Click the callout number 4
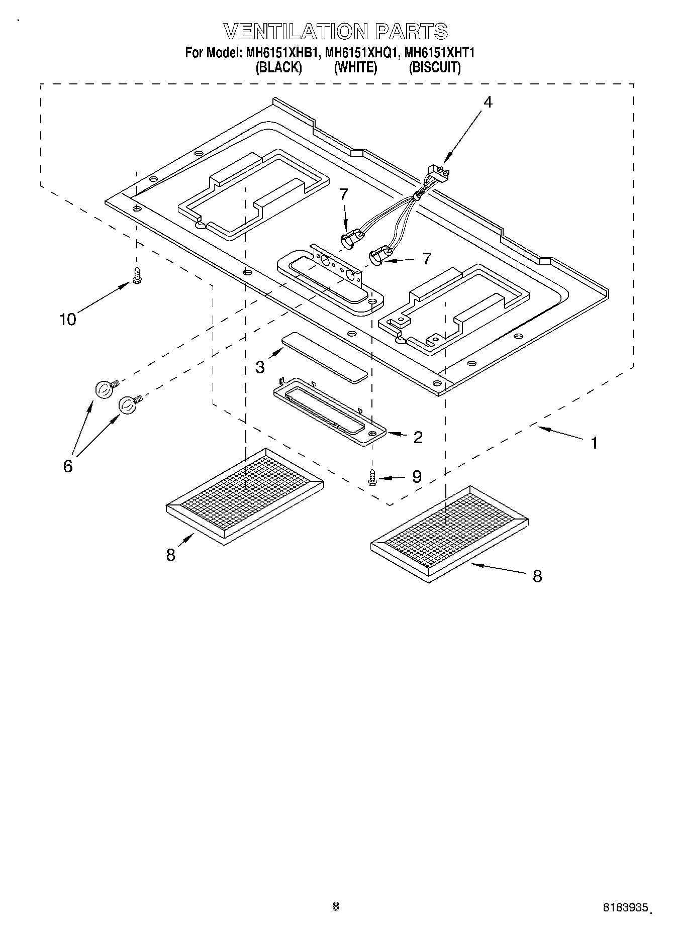(488, 102)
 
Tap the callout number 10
(68, 319)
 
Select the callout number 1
(594, 443)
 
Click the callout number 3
(260, 367)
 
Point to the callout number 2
(418, 437)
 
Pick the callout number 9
(417, 477)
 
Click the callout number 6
(68, 466)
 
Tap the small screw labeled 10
(136, 275)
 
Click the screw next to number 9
(372, 477)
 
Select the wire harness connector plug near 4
(436, 173)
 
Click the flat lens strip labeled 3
(324, 357)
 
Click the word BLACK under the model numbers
(279, 67)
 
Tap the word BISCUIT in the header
(434, 67)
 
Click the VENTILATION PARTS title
(336, 31)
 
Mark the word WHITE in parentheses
(355, 67)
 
